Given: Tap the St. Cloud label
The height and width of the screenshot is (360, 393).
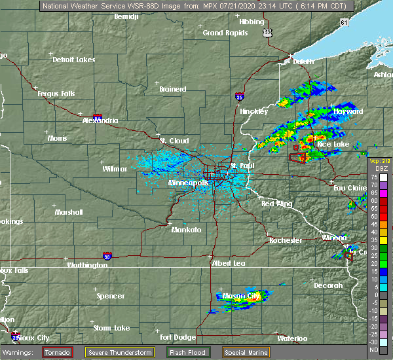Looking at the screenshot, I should tap(174, 141).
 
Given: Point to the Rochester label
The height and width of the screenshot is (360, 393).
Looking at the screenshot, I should tap(286, 240).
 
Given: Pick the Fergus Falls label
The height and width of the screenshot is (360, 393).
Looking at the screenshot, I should tap(55, 94).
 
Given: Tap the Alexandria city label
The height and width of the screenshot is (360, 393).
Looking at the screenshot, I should tap(100, 120).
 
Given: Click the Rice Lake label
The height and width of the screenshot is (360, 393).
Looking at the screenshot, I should tap(333, 143).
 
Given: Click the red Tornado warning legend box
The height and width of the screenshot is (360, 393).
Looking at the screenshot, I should tap(58, 352).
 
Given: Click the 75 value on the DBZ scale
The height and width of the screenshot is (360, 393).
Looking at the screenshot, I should tap(373, 177).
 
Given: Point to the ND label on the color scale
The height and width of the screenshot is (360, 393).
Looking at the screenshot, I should tap(373, 350).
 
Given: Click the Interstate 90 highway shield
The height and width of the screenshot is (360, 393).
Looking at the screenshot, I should tap(107, 256).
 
